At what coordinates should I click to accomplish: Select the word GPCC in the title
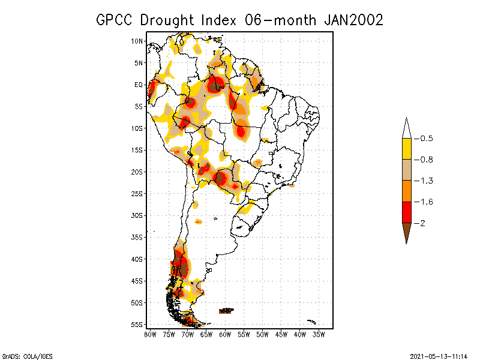point(116,20)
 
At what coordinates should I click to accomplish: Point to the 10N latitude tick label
point(137,41)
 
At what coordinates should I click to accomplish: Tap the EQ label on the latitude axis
point(139,85)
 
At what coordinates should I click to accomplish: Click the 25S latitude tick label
point(137,193)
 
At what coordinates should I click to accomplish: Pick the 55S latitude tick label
point(137,324)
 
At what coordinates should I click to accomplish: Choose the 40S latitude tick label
point(137,259)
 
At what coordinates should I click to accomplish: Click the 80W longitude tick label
point(150,334)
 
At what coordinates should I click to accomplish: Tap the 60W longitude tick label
point(225,334)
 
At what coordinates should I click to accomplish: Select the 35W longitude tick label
point(319,334)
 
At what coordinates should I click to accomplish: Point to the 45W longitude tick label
point(281,334)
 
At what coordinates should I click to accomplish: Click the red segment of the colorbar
point(406,212)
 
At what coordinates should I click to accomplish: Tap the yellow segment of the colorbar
point(406,149)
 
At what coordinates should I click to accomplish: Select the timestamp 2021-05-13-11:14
point(438,355)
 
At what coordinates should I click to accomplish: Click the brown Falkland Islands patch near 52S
point(226,311)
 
